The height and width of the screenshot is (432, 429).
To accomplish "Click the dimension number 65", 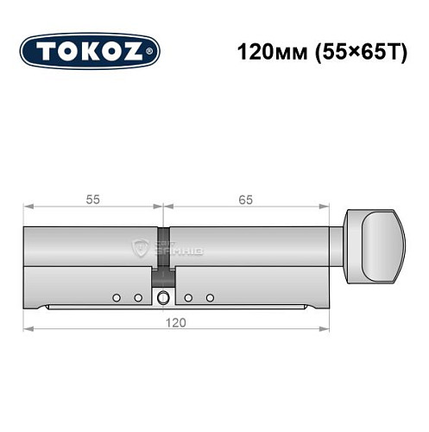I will point(246,199).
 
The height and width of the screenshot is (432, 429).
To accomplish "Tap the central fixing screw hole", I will point(163,299).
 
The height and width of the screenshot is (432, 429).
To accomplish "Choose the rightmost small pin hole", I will point(209,298).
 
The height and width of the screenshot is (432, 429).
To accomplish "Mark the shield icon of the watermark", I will point(139,248).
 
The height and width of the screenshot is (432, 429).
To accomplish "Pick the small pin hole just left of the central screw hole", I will point(137,298).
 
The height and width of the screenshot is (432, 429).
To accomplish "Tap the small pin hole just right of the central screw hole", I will point(187,298).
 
